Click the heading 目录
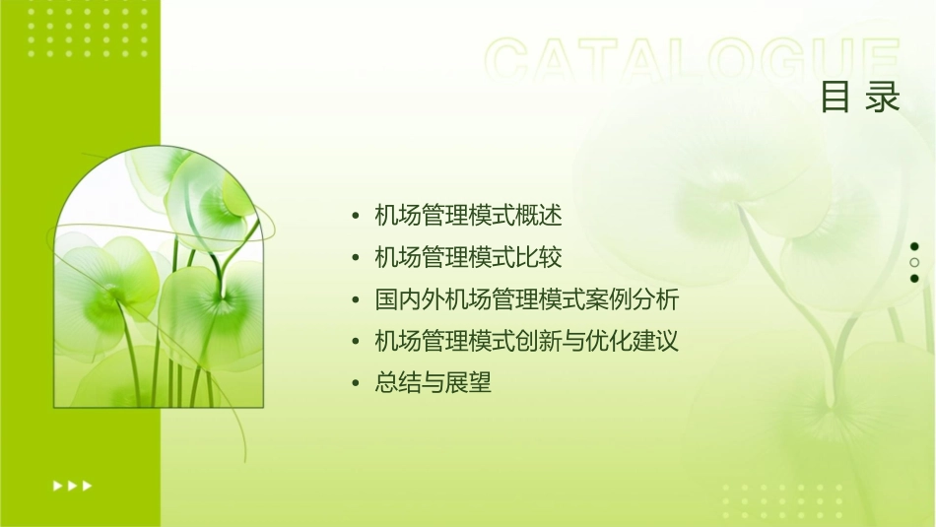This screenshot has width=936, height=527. coord(860,98)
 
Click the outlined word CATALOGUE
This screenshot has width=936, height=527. coord(693,61)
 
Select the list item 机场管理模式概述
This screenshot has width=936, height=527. coord(468,215)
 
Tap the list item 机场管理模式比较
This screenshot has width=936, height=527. coord(468,257)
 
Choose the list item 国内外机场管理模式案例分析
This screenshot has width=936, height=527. coord(527,299)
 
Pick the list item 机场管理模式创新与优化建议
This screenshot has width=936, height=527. coord(527,342)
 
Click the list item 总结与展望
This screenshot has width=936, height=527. coord(433,384)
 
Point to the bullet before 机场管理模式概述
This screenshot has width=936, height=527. coord(356,216)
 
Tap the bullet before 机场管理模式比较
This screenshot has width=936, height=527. coord(356,258)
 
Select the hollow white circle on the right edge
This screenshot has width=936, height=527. coord(914,263)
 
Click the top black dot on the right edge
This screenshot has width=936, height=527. coord(914,246)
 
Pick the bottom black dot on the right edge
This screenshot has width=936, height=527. coord(914,279)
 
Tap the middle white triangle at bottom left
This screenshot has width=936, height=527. coord(73,486)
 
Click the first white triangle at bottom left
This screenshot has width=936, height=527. coord(57,486)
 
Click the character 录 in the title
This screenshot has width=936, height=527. coord(884,98)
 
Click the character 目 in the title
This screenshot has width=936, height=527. coord(836,98)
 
